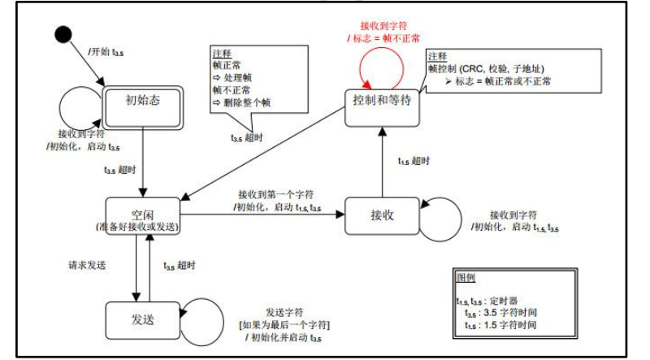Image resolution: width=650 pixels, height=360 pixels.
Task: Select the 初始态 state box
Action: point(142,102)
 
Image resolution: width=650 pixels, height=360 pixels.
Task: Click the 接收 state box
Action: point(381,215)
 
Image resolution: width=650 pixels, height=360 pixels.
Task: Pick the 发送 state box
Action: point(142,319)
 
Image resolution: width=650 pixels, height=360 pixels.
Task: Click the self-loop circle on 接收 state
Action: point(440,215)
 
